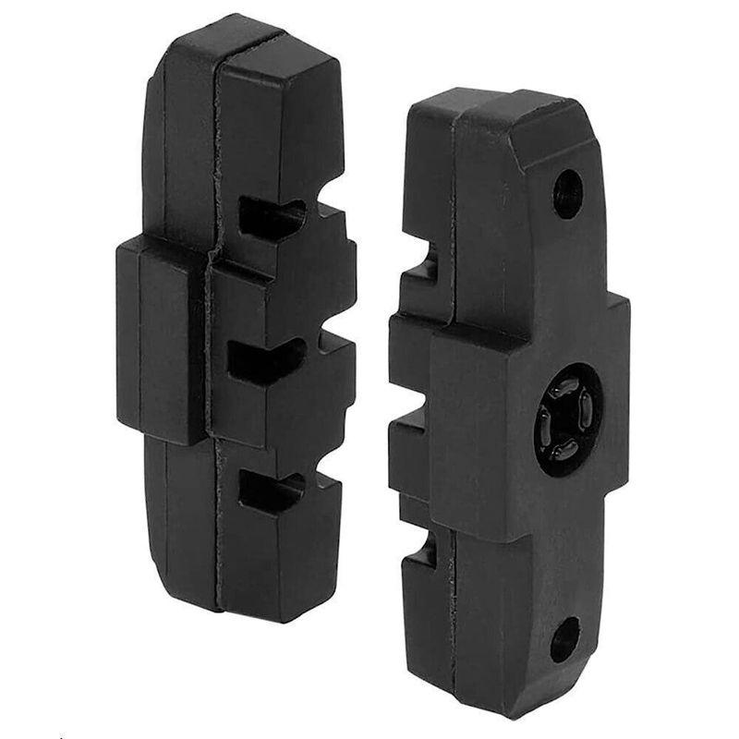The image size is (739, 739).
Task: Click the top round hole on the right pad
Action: tap(567, 194)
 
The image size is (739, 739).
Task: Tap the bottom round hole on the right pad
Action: tap(564, 639)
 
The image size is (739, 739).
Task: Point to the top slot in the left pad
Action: tap(272, 216)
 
